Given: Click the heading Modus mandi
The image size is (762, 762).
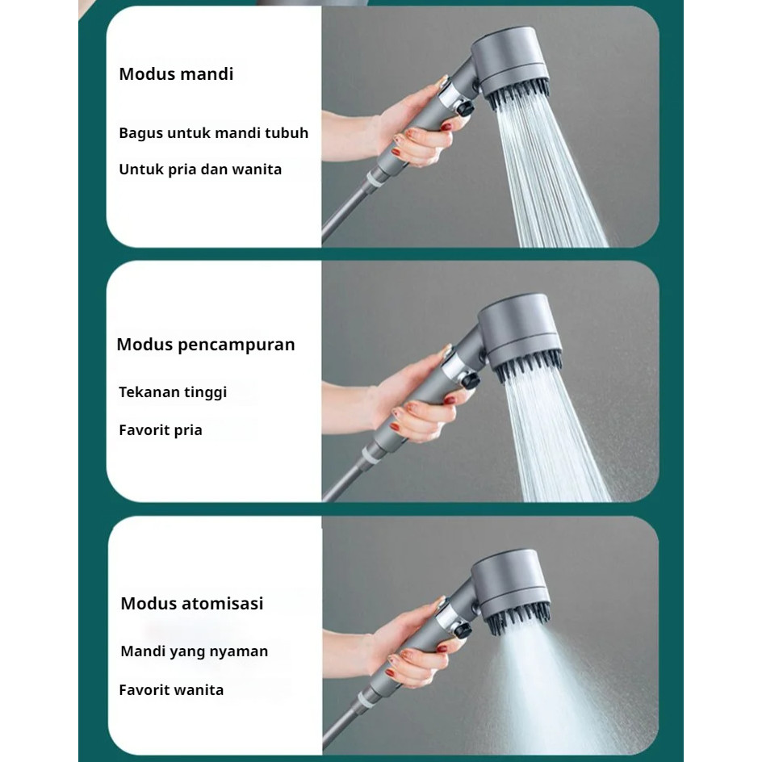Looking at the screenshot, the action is [x=176, y=74].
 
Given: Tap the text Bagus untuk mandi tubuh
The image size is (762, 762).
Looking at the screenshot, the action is [x=213, y=132].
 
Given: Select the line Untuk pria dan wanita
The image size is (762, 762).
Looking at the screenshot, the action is [x=200, y=170].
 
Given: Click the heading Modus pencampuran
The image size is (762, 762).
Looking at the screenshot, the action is [x=206, y=345].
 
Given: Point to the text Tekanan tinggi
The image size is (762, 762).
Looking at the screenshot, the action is [x=173, y=392].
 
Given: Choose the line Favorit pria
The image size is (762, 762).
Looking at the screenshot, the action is [x=161, y=430].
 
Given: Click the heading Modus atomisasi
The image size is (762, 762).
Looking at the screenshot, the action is [x=192, y=603].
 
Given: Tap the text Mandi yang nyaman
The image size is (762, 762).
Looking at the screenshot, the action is [x=194, y=651].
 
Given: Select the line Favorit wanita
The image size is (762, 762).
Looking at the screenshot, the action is [x=171, y=689].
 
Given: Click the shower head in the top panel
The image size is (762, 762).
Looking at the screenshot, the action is [x=510, y=65].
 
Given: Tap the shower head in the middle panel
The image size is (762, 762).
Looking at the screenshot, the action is [x=520, y=335].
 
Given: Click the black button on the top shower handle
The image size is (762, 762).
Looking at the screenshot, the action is [x=465, y=107].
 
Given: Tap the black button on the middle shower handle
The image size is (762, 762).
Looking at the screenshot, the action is [x=470, y=379].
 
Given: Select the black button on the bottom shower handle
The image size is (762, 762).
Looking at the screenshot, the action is [x=463, y=630].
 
